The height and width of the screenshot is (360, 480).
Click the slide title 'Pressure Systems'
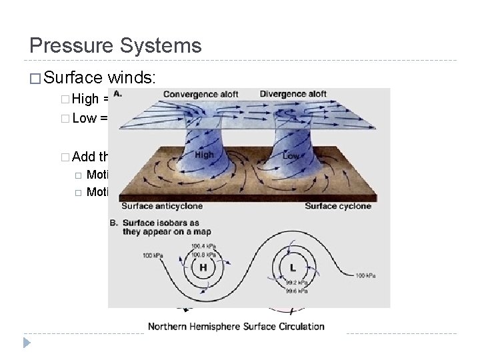tap(115, 45)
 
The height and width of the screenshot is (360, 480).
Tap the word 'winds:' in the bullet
tap(133, 78)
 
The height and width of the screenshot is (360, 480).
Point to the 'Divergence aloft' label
tap(293, 94)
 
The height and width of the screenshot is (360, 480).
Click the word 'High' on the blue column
tap(205, 155)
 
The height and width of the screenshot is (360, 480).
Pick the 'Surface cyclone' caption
tap(338, 206)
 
